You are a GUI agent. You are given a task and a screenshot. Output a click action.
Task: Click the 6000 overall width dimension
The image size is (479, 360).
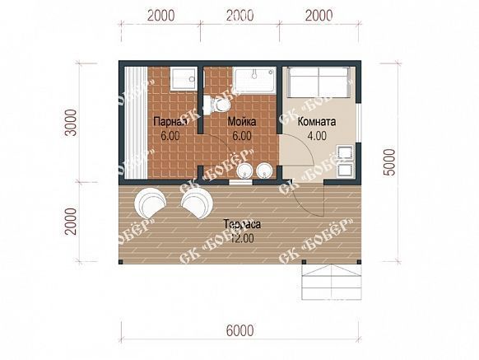[x=240, y=330]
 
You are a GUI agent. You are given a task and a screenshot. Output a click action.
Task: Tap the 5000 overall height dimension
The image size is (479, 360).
[x=390, y=162]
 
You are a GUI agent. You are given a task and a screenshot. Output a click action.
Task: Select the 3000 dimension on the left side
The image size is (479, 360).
[x=72, y=123]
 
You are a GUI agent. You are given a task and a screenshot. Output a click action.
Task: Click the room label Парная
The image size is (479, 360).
[x=170, y=122]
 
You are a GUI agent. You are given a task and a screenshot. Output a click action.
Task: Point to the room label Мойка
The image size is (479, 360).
[x=242, y=122]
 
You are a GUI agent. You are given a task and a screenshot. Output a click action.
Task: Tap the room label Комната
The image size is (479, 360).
[x=317, y=122]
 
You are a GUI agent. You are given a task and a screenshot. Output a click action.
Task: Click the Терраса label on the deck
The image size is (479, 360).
[x=242, y=224]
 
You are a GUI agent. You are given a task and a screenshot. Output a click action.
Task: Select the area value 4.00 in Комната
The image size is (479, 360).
[x=317, y=136]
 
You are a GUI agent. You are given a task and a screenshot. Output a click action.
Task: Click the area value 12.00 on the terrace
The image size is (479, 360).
[x=242, y=238]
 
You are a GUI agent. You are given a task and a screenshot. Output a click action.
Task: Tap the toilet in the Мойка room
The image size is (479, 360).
[x=217, y=105]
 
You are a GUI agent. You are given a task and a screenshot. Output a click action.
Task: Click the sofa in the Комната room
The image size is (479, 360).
[x=319, y=82]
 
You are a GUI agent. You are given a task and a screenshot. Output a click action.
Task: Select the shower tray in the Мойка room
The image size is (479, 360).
[x=254, y=80]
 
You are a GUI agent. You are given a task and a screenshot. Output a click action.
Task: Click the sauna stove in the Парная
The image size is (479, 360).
[x=183, y=79]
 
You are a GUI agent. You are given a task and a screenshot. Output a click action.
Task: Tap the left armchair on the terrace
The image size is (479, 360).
[x=150, y=202]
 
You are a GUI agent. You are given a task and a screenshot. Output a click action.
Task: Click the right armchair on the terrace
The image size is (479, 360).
[x=197, y=203]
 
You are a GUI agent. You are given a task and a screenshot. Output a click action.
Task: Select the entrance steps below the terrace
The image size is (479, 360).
[x=332, y=282]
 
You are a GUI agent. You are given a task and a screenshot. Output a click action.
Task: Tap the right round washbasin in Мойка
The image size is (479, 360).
[x=264, y=171]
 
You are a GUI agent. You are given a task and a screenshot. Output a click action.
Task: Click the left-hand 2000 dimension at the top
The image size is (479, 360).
[x=161, y=16]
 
